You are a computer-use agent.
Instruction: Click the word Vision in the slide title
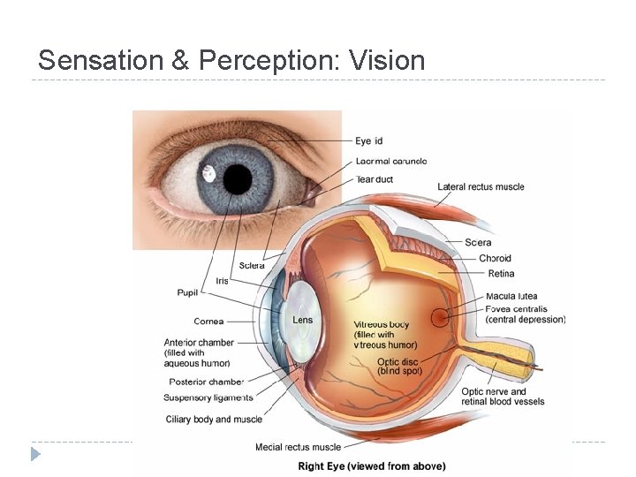pos(388,61)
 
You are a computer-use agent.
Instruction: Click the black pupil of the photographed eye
pos(237,179)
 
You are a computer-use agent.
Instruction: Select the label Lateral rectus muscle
pos(481,186)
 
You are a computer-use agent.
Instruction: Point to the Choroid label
pos(495,259)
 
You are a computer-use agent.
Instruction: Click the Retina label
pos(500,274)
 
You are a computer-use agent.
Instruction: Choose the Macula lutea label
pos(511,296)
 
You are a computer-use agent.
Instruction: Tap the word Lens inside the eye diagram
pos(303,320)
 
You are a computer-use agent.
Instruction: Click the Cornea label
pos(208,321)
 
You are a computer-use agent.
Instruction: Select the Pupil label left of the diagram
pos(188,291)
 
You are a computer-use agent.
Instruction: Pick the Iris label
pos(222,281)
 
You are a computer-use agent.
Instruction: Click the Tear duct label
pos(374,179)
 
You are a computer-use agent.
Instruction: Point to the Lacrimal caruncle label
pos(391,161)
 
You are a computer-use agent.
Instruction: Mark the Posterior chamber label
pos(206,382)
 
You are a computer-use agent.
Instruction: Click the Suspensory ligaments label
pos(208,397)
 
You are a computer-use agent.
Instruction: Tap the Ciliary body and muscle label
pos(214,420)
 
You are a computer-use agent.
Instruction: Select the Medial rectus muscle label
pos(298,447)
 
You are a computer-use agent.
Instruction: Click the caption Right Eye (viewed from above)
pos(371,466)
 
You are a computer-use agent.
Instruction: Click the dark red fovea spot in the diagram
pos(440,316)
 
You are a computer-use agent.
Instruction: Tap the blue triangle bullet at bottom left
pos(35,454)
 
